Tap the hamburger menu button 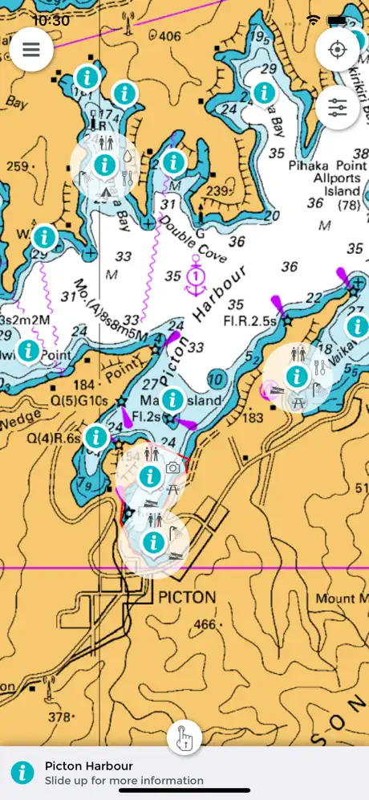coord(31,49)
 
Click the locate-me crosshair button coord(338,49)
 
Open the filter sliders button coord(338,107)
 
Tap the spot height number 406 coord(169,36)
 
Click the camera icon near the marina coord(172,467)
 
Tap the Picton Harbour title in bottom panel coord(88,765)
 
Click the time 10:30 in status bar coord(50,20)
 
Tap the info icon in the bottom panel coord(22,773)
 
